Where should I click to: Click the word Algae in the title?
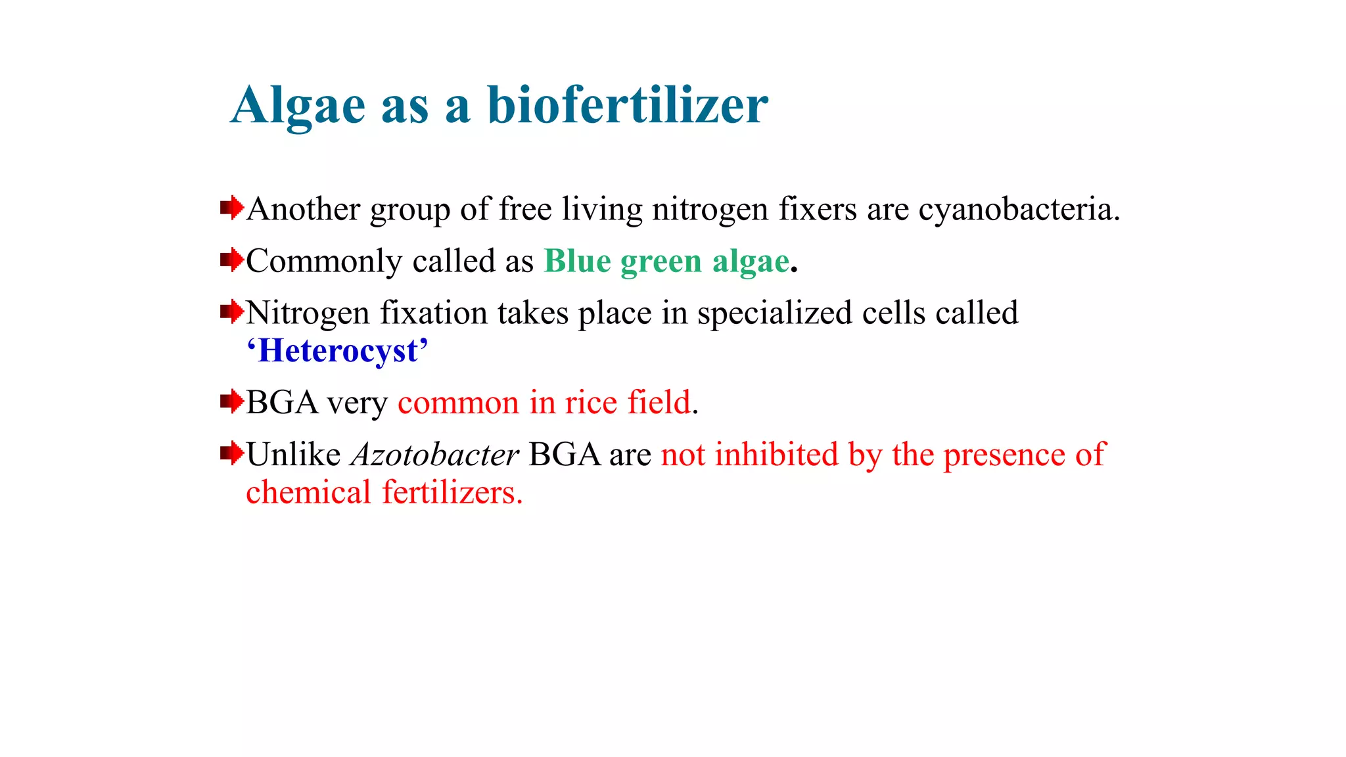coord(298,106)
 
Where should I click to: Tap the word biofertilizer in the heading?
coord(627,104)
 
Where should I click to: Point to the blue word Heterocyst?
coord(338,351)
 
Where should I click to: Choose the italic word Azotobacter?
coord(434,455)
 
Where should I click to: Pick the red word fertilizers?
coord(452,493)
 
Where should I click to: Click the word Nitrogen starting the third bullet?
coord(308,313)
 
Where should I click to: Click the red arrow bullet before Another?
coord(231,209)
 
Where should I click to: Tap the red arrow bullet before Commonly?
coord(231,260)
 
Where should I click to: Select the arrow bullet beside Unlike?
coord(231,453)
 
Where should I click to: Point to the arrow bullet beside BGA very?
coord(231,401)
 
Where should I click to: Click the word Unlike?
coord(293,455)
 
